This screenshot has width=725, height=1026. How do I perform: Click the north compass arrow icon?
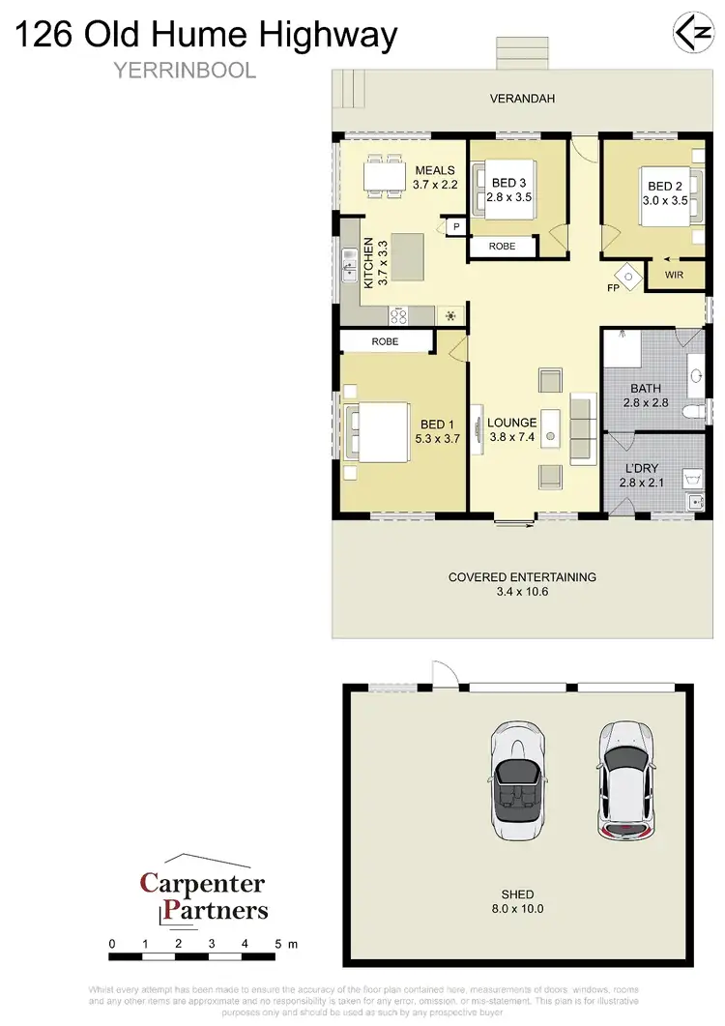click(688, 32)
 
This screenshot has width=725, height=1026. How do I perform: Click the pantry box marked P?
click(455, 227)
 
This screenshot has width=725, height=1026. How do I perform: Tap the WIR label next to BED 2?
click(677, 276)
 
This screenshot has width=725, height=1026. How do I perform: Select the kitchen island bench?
click(406, 258)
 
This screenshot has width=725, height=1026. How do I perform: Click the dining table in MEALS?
click(385, 176)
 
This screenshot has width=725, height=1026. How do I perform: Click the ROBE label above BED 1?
click(384, 341)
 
